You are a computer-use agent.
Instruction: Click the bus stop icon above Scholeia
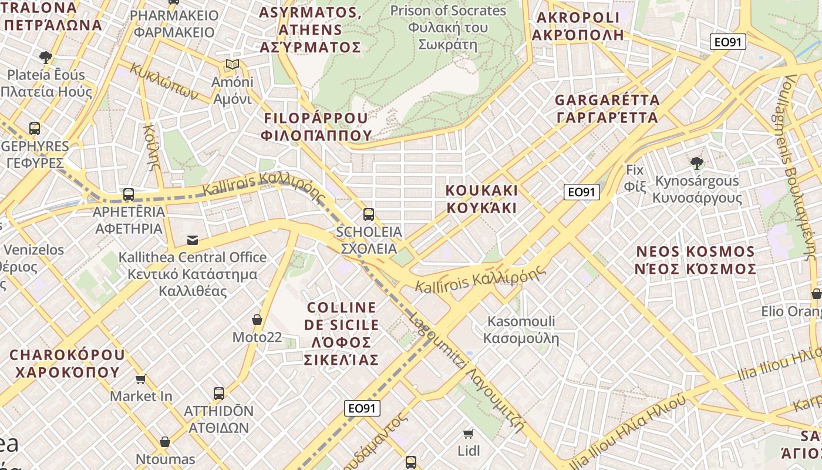click(369, 214)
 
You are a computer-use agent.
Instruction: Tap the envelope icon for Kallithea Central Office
click(192, 240)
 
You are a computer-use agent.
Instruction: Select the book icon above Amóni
click(233, 64)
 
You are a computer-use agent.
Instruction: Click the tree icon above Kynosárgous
click(697, 163)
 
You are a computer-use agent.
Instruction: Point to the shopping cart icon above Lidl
click(468, 434)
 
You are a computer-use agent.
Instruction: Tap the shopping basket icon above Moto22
click(257, 320)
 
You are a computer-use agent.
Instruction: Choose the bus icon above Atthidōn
click(219, 393)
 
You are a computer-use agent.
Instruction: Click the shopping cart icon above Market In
click(141, 379)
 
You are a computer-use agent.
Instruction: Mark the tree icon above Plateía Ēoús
click(46, 57)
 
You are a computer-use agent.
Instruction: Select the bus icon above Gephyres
click(35, 128)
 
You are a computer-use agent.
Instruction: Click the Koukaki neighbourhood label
click(481, 199)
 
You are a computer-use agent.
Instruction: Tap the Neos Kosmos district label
click(696, 260)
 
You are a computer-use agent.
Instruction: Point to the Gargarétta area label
click(607, 109)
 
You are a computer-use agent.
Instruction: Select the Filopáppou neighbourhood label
click(317, 126)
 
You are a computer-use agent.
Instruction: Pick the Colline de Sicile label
click(342, 333)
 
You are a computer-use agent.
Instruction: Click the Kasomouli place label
click(521, 330)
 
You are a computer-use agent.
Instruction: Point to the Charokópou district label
click(67, 363)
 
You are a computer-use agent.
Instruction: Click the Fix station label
click(635, 179)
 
